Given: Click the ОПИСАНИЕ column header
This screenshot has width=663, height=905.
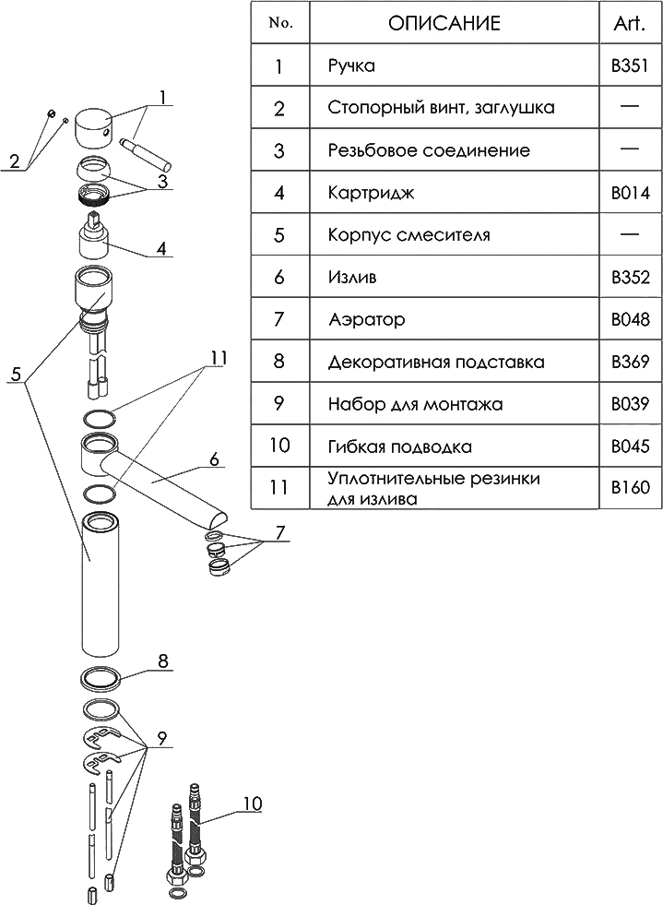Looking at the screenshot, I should (x=444, y=24).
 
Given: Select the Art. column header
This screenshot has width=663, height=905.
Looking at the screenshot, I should (x=630, y=24).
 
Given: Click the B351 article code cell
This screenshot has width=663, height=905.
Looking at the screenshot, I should (x=630, y=66).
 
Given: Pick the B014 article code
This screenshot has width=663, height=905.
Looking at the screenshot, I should (x=630, y=193).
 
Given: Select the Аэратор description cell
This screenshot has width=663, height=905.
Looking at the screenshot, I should (x=366, y=320).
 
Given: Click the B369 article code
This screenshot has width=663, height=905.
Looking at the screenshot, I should (x=630, y=363).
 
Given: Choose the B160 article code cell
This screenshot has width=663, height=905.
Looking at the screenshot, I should (x=630, y=488).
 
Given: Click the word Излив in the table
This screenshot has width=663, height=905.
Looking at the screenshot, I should (x=352, y=278).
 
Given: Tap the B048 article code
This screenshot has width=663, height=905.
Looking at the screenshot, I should (x=630, y=320).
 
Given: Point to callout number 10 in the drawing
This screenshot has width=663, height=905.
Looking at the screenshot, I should (x=251, y=804).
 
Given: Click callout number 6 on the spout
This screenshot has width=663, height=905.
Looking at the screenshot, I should (x=213, y=458).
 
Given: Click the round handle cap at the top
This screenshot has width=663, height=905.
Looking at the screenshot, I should (x=94, y=129).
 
